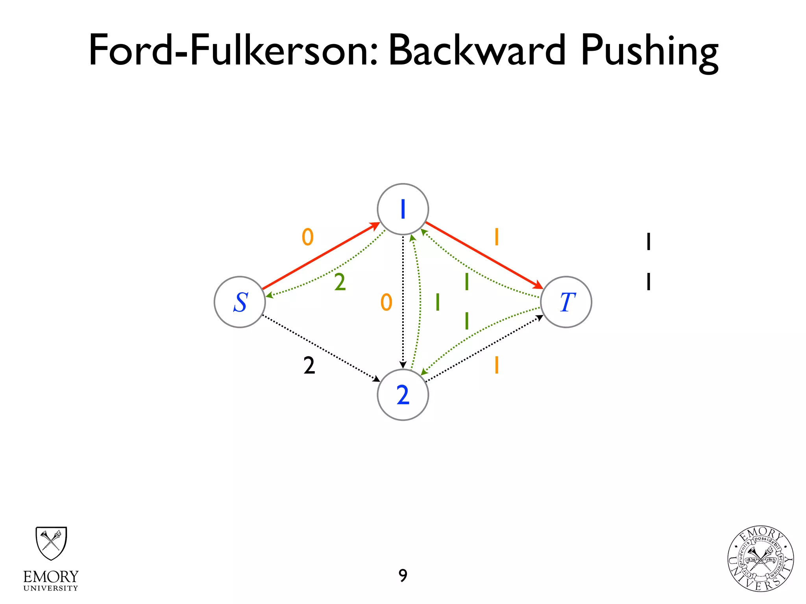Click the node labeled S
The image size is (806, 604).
pos(240,302)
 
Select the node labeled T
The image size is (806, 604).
pos(566,302)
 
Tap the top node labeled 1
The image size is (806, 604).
pos(403,209)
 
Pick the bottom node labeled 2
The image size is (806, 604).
pos(403,395)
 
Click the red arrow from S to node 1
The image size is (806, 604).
pos(321,256)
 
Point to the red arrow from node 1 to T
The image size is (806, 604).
pos(484,256)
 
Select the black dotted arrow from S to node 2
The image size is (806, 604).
pos(321,348)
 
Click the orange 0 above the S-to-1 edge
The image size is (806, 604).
pos(307,237)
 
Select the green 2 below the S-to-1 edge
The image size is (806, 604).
pos(340,282)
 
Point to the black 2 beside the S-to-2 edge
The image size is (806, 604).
pos(309,366)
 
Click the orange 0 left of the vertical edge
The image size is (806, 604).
pos(386,302)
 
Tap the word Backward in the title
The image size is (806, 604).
pos(477,50)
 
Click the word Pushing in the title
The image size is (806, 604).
pos(649,51)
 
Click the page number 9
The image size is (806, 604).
pos(403,576)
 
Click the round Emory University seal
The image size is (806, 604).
pos(760,559)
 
